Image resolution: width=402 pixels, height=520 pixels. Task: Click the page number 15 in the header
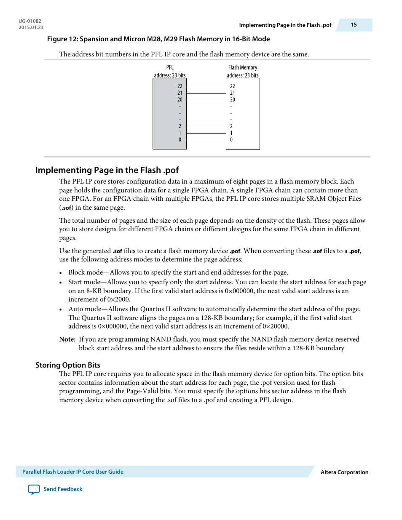(354, 25)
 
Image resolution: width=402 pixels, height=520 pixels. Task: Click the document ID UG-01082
(30, 21)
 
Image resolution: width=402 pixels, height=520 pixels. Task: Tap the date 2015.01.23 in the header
(31, 27)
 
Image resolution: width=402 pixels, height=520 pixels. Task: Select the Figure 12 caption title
(158, 39)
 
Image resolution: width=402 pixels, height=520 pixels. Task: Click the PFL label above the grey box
(170, 67)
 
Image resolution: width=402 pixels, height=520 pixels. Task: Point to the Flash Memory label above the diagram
(243, 67)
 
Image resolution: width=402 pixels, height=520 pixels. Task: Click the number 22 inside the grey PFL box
(180, 86)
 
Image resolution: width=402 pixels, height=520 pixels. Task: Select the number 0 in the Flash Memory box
(231, 140)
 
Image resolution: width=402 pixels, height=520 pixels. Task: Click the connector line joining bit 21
(206, 93)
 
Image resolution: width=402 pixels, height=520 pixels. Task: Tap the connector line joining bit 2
(206, 127)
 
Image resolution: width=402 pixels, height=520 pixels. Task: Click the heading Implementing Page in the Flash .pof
(107, 170)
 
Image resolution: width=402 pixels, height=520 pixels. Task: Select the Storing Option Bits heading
(68, 365)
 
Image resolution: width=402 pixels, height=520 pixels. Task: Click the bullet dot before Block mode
(61, 273)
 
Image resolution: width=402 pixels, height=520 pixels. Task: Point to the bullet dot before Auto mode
(61, 309)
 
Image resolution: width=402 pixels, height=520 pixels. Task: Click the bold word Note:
(67, 339)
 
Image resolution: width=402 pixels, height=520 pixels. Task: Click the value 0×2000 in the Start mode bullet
(118, 299)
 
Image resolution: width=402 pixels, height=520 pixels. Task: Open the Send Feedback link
(63, 489)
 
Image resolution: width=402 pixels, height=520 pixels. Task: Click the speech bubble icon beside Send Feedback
(34, 490)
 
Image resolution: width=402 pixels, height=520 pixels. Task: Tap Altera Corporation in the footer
(344, 472)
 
